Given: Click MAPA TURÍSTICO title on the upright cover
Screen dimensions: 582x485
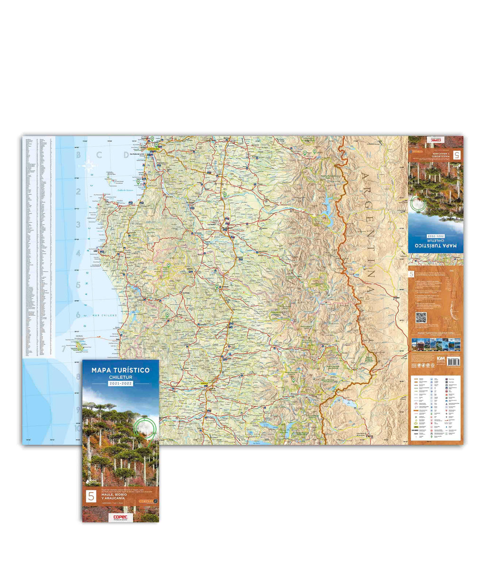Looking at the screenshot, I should pyautogui.click(x=120, y=369).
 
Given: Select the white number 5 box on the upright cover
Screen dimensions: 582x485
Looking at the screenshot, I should pyautogui.click(x=89, y=497).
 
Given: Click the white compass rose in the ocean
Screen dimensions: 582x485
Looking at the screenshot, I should pyautogui.click(x=89, y=166).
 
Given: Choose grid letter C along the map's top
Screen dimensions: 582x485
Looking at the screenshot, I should pyautogui.click(x=99, y=154).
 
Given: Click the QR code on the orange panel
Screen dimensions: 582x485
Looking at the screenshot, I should pyautogui.click(x=421, y=318).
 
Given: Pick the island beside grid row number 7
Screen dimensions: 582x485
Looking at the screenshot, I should pyautogui.click(x=79, y=346).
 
